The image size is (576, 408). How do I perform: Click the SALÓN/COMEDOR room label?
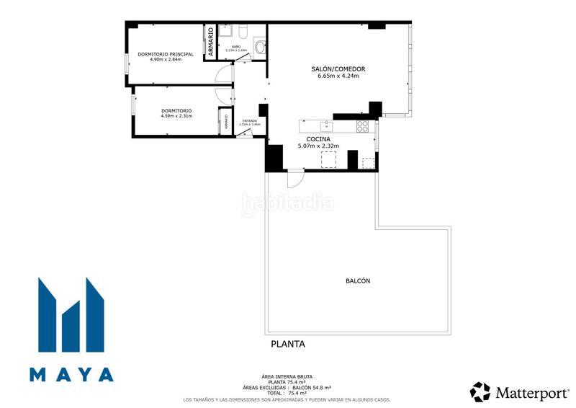coord(338,69)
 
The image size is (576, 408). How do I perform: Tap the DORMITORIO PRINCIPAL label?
coord(166,54)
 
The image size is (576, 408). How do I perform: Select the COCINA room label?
coord(318,138)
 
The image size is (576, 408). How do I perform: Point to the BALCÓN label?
coord(358,281)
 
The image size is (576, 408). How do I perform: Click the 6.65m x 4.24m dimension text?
coord(338,76)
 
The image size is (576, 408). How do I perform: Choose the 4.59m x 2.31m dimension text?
coord(176,116)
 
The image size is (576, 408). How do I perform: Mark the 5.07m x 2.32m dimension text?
coord(318,146)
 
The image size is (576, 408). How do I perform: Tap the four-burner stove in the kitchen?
coord(363,126)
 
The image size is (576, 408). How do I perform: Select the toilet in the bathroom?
coord(259,46)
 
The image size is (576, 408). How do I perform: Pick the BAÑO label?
coord(236,47)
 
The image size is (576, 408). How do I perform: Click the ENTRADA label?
coord(250,120)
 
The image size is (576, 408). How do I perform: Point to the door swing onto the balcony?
coord(294,178)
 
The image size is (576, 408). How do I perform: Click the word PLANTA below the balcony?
coord(287,344)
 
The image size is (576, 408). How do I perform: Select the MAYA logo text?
coord(71,374)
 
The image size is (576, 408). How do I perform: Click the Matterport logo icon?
coord(480,391)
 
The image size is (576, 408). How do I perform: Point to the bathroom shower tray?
coord(225,32)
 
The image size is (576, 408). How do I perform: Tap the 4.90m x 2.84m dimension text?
coord(166,60)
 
